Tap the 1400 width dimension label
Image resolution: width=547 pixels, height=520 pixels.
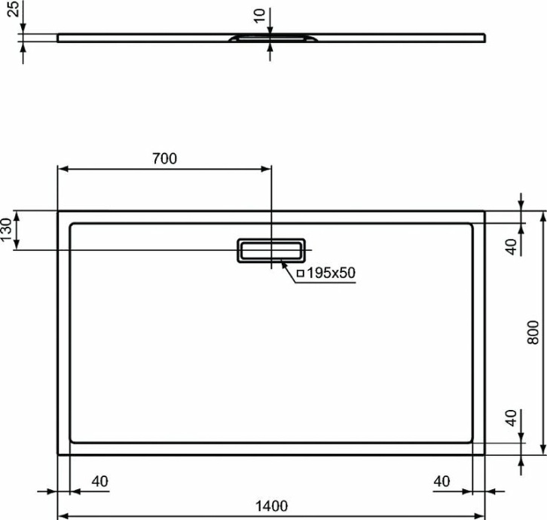[271, 506]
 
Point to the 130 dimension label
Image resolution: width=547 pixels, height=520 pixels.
[7, 230]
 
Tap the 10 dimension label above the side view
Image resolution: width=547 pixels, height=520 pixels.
[260, 14]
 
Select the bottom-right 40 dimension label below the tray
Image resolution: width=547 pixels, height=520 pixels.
[443, 481]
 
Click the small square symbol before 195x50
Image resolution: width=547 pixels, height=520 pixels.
[301, 274]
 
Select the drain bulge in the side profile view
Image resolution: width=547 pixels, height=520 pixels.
[271, 37]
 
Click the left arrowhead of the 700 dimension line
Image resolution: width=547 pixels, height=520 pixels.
[63, 169]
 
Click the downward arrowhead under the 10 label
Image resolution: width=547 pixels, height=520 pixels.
[271, 29]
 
